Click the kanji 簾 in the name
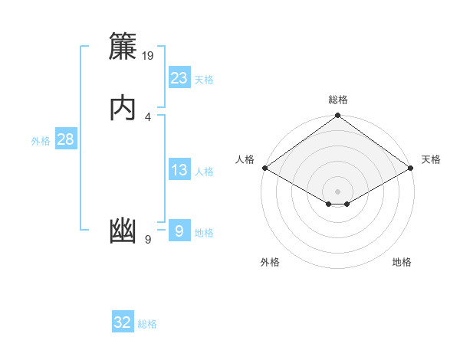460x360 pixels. click(123, 47)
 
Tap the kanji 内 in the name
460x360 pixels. click(123, 108)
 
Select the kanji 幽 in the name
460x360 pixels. click(123, 231)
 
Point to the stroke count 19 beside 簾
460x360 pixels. click(148, 55)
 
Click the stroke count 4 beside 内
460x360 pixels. click(148, 116)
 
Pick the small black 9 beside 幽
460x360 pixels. click(148, 240)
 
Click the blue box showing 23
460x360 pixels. click(179, 78)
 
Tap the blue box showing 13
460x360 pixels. click(179, 170)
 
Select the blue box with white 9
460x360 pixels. click(179, 231)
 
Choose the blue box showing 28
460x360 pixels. click(65, 139)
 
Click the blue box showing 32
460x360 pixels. click(123, 322)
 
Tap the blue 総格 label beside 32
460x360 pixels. click(147, 324)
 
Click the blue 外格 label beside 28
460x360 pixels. click(41, 141)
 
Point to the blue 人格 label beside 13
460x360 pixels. click(204, 172)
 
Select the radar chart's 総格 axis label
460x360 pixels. click(338, 100)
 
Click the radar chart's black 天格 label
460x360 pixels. click(431, 159)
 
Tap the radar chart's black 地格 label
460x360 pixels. click(402, 263)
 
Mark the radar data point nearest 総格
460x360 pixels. click(338, 116)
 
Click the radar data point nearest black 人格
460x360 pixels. click(264, 168)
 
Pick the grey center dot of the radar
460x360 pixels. click(338, 191)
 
